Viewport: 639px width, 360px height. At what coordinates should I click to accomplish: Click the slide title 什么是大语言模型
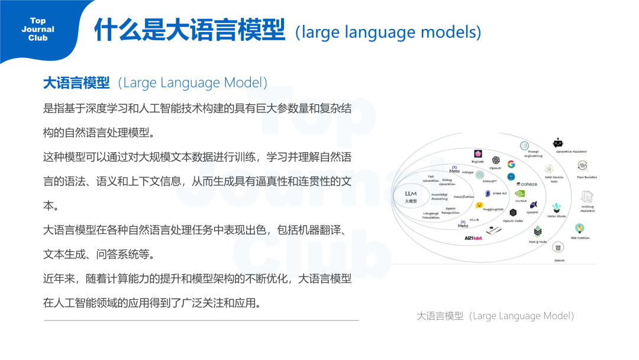189,31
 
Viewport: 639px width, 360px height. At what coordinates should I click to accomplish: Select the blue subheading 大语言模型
76,83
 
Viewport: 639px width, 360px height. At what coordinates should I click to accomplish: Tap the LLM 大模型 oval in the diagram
411,197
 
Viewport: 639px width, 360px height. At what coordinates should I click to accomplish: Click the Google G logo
511,164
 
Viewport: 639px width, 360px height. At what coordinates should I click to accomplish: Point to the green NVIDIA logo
520,193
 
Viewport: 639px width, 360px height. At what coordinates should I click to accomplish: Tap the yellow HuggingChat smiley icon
479,205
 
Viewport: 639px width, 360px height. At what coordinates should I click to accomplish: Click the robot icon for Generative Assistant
558,143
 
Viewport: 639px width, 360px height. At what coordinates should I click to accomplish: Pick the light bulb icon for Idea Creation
580,229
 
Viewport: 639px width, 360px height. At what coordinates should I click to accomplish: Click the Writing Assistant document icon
587,197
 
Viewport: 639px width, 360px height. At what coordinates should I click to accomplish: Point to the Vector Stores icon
556,208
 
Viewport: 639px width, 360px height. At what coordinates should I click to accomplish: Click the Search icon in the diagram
559,247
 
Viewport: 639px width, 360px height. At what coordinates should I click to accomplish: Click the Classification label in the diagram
464,197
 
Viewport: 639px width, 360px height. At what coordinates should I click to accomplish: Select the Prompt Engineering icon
524,146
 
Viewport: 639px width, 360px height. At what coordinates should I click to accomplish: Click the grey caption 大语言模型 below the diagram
440,316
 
